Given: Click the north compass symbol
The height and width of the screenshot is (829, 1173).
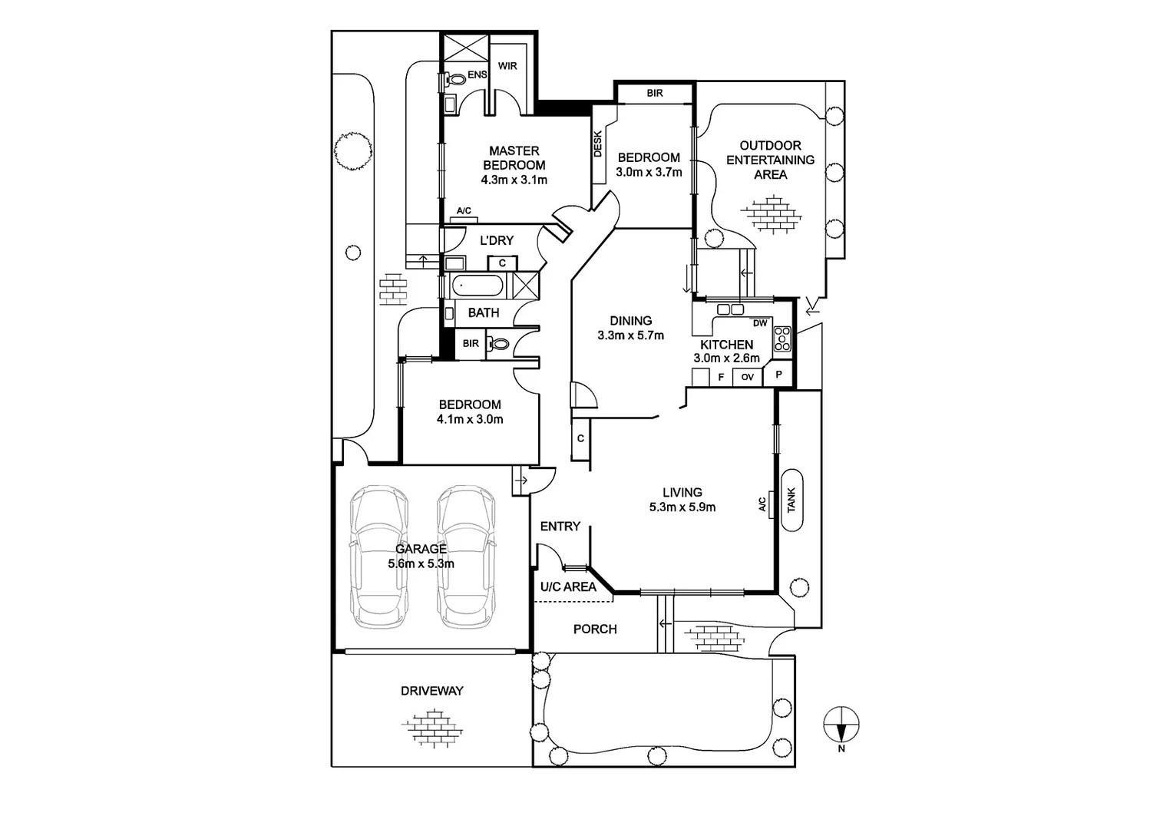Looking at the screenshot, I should click(841, 725).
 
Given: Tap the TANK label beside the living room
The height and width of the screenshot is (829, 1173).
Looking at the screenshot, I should click(791, 501).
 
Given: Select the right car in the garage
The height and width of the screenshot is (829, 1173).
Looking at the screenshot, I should click(466, 557).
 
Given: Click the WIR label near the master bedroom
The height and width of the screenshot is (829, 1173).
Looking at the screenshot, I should click(507, 66).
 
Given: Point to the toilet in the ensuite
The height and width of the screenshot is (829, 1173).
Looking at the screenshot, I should click(457, 78).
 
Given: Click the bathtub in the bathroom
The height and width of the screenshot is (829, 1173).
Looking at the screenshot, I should click(477, 287).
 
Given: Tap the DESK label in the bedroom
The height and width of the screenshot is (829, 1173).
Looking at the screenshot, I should click(598, 144).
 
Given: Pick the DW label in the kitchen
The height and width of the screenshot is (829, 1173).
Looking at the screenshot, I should click(760, 323).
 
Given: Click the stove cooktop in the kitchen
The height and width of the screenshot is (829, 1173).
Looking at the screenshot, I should click(782, 339).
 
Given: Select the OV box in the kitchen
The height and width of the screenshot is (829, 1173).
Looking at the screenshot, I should click(747, 377).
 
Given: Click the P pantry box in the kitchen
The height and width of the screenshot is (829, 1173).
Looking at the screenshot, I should click(778, 375).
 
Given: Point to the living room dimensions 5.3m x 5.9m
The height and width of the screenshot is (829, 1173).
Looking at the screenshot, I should click(682, 507).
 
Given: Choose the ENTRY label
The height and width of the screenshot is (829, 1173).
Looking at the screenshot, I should click(560, 526).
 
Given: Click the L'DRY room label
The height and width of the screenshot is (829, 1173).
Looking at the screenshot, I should click(497, 240).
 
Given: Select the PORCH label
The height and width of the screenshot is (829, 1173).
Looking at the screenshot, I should click(595, 629).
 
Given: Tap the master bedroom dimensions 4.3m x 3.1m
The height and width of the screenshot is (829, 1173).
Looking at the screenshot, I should click(514, 180).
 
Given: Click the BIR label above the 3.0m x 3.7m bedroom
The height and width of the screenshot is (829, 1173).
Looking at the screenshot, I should click(655, 93).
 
